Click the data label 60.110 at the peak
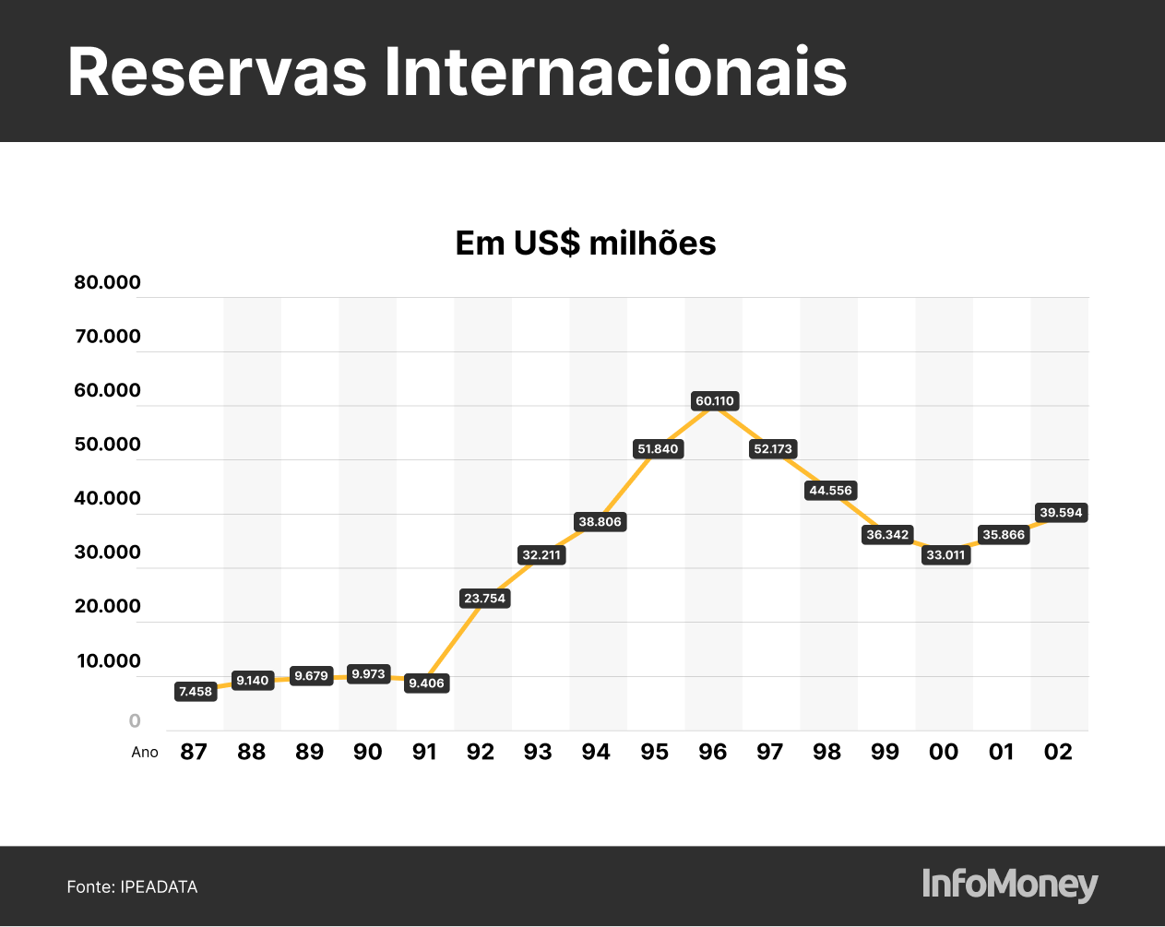[x=715, y=401]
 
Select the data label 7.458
[x=196, y=691]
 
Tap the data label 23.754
[x=484, y=599]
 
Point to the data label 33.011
[x=945, y=554]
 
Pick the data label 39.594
[x=1061, y=513]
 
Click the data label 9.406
[x=426, y=683]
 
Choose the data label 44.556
[x=830, y=491]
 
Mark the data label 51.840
[x=658, y=449]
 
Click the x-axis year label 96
[x=712, y=752]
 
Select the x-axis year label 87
[x=194, y=752]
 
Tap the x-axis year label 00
[x=944, y=752]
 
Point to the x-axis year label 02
[x=1058, y=752]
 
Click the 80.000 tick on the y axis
[x=107, y=282]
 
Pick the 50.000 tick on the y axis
[x=107, y=445]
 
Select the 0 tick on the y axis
[x=135, y=721]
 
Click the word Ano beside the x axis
[x=145, y=753]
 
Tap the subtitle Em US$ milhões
[x=586, y=244]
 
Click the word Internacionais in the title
[x=615, y=72]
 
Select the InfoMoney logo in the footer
[x=1010, y=885]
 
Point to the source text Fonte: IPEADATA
[x=132, y=887]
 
